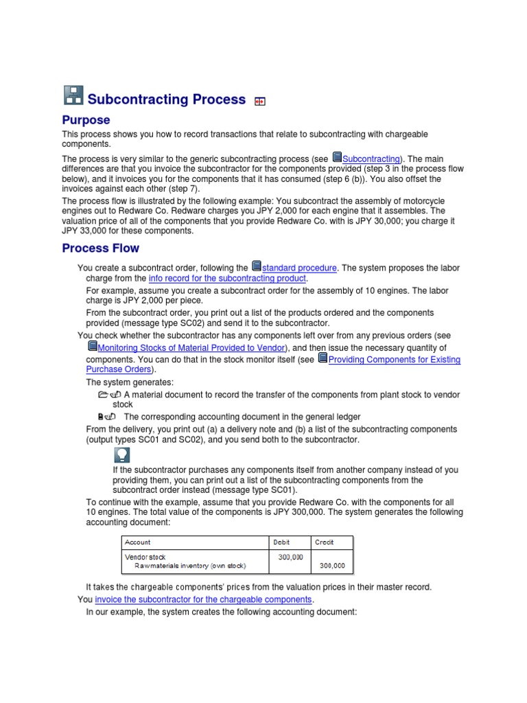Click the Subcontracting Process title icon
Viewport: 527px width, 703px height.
coord(73,97)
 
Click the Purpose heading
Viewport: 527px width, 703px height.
coord(86,120)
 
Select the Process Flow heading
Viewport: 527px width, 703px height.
coord(100,248)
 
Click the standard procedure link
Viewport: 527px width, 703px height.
coord(299,268)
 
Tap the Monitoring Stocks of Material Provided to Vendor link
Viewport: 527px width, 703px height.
coord(191,348)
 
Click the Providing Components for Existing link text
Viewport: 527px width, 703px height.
coord(394,360)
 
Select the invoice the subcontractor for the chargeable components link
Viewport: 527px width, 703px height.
coord(204,599)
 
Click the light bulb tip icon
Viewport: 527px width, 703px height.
coord(121,455)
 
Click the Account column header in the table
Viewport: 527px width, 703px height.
coord(137,542)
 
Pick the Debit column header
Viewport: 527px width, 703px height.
coord(281,542)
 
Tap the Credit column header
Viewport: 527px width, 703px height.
coord(324,542)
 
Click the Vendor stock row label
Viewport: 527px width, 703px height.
coord(145,557)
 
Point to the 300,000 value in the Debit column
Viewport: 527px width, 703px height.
coord(290,557)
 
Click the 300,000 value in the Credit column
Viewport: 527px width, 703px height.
coord(332,566)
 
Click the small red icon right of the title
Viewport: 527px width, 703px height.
coord(259,102)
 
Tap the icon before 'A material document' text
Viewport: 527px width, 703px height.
coord(110,395)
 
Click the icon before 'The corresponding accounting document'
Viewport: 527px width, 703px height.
coord(106,417)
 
